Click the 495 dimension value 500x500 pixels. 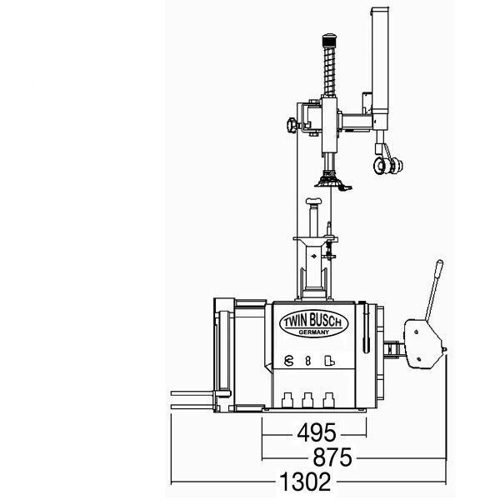pyautogui.click(x=317, y=433)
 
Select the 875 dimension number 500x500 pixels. pyautogui.click(x=332, y=457)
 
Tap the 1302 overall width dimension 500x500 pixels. pyautogui.click(x=305, y=481)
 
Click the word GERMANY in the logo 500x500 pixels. pyautogui.click(x=314, y=332)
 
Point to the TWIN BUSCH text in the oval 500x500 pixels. pyautogui.click(x=313, y=321)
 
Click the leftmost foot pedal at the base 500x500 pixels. pyautogui.click(x=287, y=400)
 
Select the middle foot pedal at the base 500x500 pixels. pyautogui.click(x=307, y=400)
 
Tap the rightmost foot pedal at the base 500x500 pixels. pyautogui.click(x=328, y=400)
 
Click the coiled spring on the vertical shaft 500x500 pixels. pyautogui.click(x=329, y=72)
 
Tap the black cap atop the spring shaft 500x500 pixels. pyautogui.click(x=330, y=41)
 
